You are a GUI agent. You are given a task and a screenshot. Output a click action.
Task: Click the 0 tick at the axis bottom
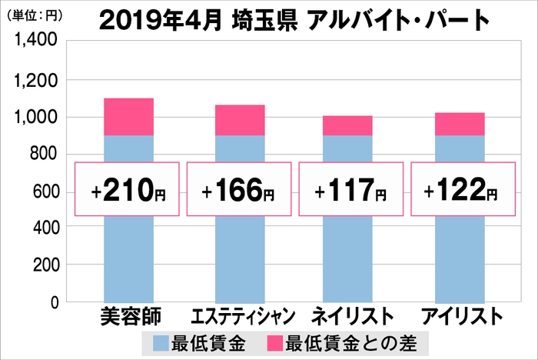click(52, 302)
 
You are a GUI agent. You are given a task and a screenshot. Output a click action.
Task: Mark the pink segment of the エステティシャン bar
click(239, 120)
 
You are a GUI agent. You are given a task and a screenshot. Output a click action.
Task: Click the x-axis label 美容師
click(128, 317)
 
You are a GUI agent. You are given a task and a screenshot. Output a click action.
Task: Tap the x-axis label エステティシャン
click(239, 317)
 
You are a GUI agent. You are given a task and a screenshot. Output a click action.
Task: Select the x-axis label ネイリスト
click(350, 317)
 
